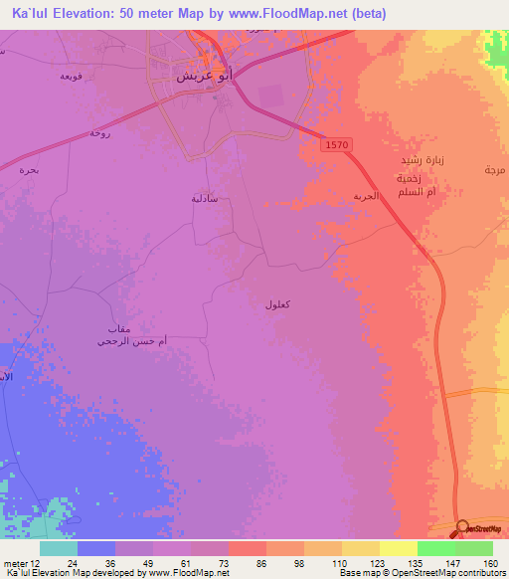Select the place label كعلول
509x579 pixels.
tap(278, 303)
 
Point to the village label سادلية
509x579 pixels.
tap(205, 198)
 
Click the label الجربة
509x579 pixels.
tap(366, 196)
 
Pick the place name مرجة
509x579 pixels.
tap(494, 170)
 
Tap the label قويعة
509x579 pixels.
tap(71, 77)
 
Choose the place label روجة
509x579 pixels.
tap(98, 132)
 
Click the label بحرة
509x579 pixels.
tap(30, 170)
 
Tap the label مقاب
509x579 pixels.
tap(118, 328)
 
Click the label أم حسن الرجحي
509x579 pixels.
tap(131, 341)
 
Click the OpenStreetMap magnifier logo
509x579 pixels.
tap(463, 528)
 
